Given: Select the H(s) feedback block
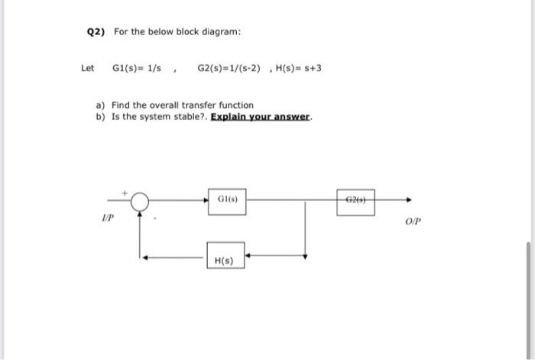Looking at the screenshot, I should pos(225,260).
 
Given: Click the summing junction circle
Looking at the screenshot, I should pos(140,202).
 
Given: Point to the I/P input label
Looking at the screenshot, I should pos(108,218).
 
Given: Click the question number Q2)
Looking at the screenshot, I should pos(96,32).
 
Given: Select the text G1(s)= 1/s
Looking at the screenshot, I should pos(138,68).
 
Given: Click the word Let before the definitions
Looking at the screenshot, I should pos(87,68).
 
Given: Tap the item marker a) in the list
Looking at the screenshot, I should pos(100,105).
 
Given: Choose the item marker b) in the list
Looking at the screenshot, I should pos(100,118).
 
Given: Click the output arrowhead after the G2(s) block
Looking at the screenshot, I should pos(410,201).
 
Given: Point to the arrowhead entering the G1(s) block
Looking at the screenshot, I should pos(204,201).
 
